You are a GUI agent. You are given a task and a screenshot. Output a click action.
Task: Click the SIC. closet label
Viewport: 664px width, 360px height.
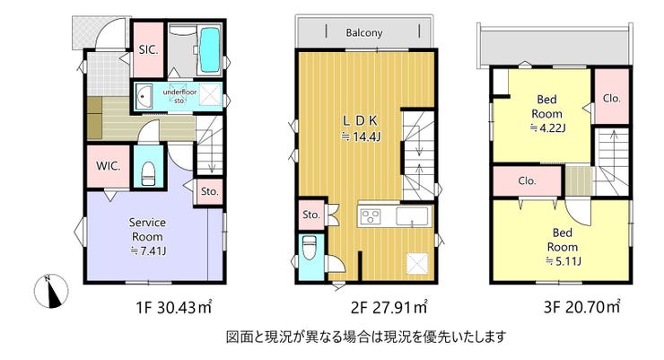(148, 50)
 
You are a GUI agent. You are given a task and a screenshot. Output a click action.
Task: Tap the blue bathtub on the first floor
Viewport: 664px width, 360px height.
(210, 49)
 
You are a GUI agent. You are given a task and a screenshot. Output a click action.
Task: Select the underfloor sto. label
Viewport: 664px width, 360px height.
(180, 96)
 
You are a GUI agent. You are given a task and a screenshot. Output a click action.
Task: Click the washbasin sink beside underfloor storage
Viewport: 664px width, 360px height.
(144, 95)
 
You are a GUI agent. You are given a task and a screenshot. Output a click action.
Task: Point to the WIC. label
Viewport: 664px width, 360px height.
(108, 166)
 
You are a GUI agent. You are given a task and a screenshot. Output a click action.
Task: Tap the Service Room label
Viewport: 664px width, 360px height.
(147, 229)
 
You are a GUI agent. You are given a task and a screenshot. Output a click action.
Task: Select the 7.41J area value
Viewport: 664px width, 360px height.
(148, 250)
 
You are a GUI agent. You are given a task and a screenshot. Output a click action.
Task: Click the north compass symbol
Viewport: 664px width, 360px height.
(51, 291)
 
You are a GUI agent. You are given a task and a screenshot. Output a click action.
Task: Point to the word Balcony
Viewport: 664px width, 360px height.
(364, 32)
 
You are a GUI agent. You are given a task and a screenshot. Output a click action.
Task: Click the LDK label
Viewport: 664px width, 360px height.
(360, 121)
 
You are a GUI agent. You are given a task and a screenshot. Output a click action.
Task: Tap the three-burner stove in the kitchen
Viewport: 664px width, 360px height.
(371, 216)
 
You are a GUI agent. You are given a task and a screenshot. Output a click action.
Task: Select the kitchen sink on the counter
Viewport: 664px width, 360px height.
(412, 216)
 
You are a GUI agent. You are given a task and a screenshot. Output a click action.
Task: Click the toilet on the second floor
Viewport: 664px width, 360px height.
(309, 248)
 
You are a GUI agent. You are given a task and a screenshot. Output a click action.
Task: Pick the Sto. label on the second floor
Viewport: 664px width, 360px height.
(311, 215)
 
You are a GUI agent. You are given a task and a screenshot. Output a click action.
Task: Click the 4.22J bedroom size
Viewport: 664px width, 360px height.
(548, 127)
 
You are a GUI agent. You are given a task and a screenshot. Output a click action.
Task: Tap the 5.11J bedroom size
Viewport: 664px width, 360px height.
(564, 260)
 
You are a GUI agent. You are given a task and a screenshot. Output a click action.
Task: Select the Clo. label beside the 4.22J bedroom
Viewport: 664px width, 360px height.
(611, 98)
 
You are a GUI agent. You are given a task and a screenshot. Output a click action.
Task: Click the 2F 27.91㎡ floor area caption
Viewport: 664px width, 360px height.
(389, 308)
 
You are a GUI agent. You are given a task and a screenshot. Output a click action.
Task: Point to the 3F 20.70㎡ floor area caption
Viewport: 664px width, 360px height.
(581, 307)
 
